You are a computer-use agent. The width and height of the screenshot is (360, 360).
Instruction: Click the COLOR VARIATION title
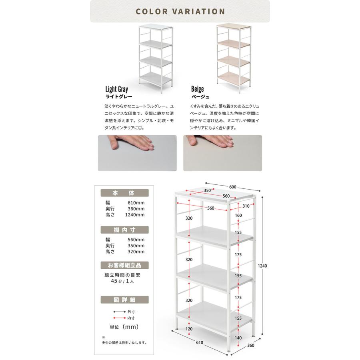tap(180, 12)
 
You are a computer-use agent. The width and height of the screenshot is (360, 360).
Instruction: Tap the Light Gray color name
tap(117, 89)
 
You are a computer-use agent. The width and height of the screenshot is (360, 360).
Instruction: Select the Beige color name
tap(198, 89)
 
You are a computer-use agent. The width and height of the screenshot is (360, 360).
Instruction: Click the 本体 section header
tap(124, 193)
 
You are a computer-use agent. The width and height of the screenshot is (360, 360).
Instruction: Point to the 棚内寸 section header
tap(124, 230)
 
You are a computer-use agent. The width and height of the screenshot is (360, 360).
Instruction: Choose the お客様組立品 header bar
tap(124, 265)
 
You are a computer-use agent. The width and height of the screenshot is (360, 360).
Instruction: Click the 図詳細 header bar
tap(124, 300)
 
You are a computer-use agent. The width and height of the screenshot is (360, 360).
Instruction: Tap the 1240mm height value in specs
tap(135, 215)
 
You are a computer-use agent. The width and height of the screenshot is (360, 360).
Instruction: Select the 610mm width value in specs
tap(136, 203)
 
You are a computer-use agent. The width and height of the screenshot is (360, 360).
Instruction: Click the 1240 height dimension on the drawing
tap(262, 266)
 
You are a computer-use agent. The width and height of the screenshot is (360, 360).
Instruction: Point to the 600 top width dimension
tap(232, 187)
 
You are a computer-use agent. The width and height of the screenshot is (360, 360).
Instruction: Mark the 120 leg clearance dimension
tap(189, 329)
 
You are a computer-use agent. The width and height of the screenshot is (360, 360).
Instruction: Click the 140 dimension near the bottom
tap(238, 338)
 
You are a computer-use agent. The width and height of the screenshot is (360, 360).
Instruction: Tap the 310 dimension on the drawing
tap(246, 206)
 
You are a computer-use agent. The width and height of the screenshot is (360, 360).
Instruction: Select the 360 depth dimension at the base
tap(251, 345)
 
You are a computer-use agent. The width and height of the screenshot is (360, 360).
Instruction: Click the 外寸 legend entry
tap(131, 312)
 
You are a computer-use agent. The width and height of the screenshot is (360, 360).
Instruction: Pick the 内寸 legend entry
tap(131, 318)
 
